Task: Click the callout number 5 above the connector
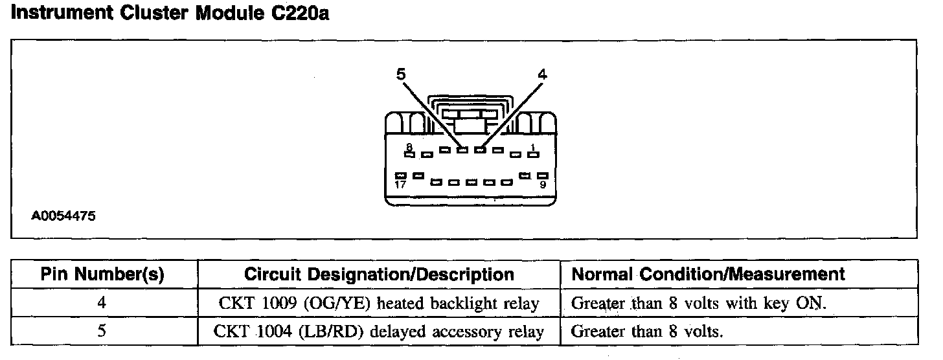401,74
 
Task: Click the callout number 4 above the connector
543,74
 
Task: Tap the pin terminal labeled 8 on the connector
409,154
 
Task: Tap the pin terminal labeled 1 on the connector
534,154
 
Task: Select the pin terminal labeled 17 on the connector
402,175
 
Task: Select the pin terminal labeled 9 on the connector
542,175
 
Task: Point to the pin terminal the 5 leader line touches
462,150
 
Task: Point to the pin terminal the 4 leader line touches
480,150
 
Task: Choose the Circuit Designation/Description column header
379,274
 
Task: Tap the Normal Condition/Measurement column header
708,274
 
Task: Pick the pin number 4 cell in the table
104,303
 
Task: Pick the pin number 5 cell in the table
104,332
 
